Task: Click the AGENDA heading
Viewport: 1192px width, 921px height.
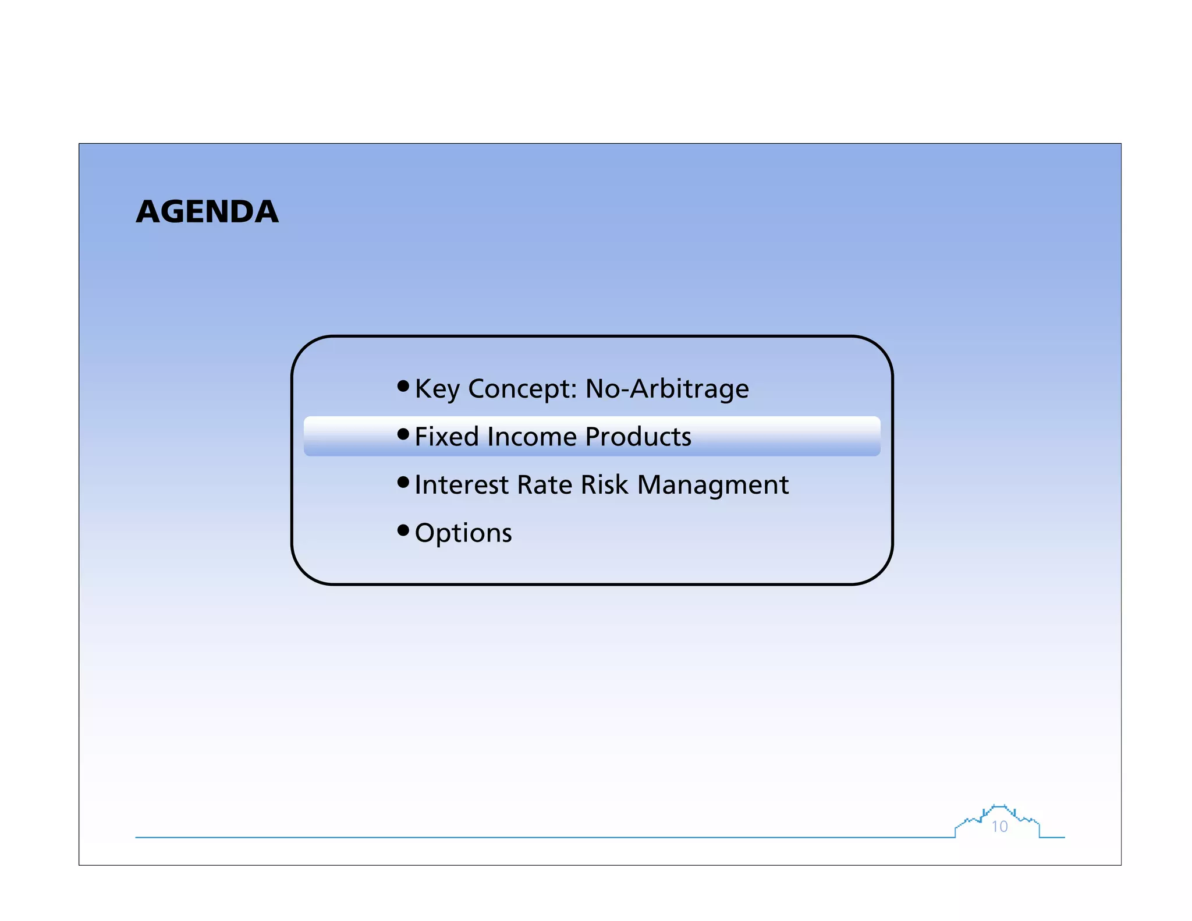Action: coord(207,211)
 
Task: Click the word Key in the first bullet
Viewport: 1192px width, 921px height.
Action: coord(437,389)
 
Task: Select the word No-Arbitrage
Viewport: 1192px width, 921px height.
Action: coord(667,389)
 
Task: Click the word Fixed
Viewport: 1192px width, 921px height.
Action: coord(447,437)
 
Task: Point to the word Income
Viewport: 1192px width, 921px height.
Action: coord(533,437)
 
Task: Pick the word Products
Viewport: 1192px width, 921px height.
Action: coord(638,437)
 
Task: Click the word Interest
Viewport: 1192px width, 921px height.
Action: coord(462,485)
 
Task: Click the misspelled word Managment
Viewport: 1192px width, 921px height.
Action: coord(713,485)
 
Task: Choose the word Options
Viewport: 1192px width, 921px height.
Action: coord(463,533)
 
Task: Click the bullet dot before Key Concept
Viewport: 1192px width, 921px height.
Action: coord(403,385)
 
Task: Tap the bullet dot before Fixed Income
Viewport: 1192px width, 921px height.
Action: coord(403,434)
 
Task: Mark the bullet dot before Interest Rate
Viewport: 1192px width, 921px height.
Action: coord(403,482)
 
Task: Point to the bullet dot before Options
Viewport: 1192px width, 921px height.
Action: coord(403,530)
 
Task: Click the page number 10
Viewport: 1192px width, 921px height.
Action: coord(999,827)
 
